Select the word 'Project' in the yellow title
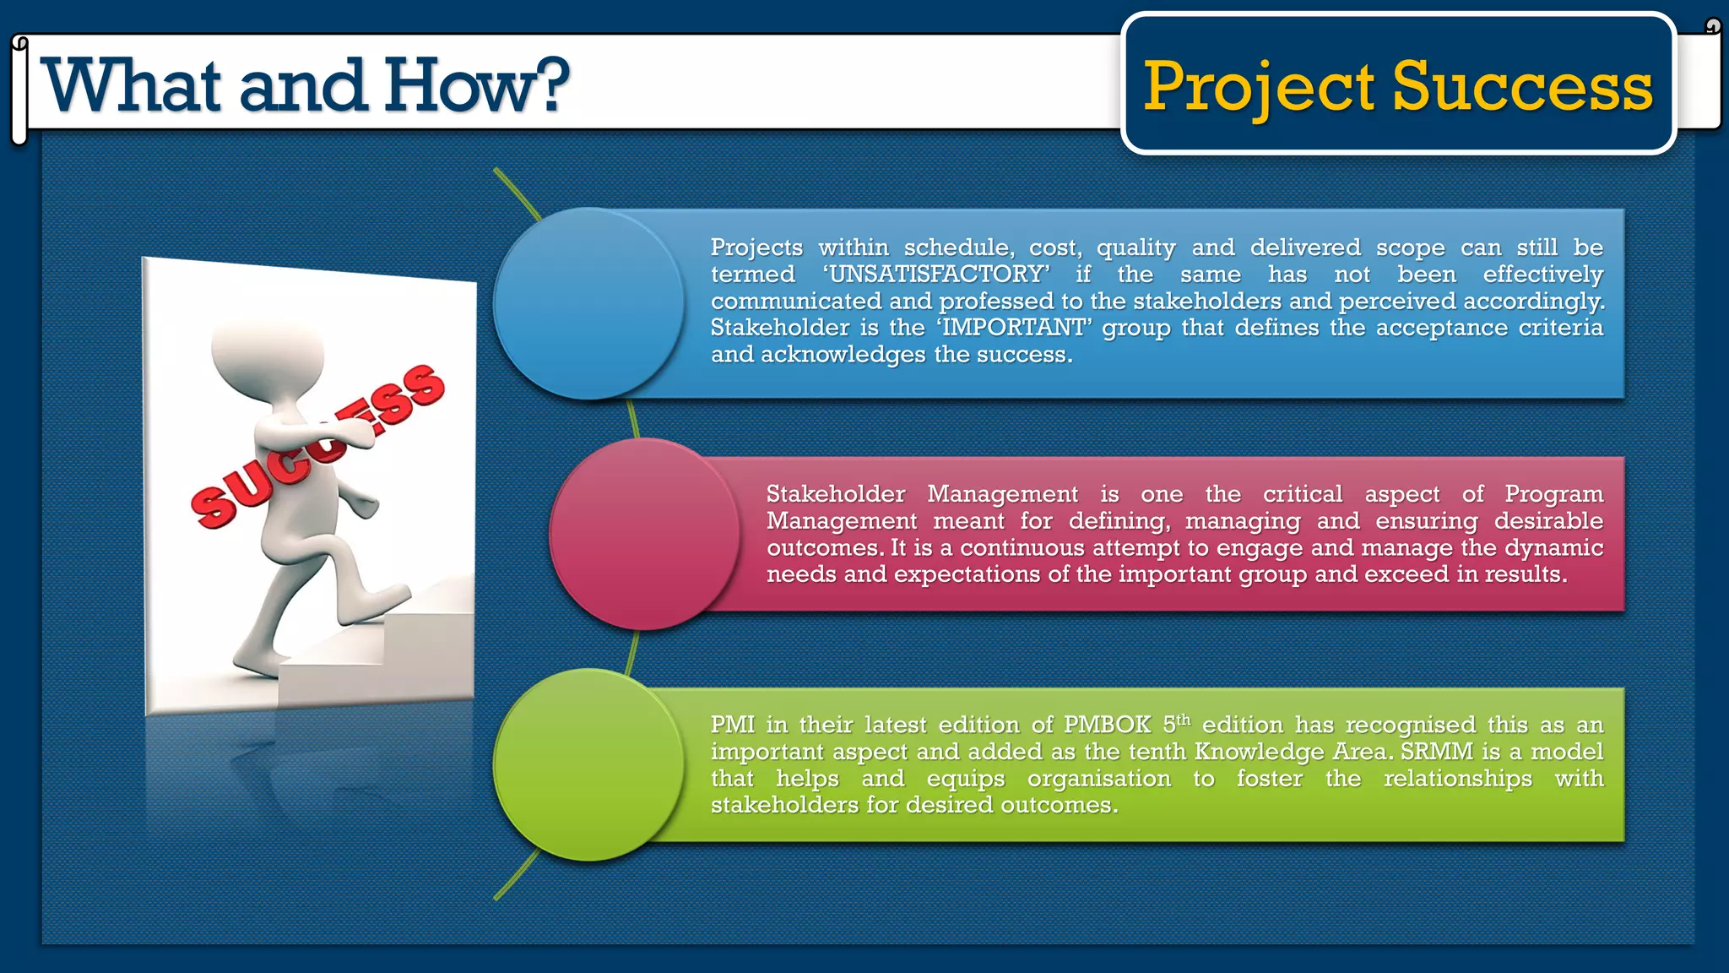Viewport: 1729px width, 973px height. pos(1258,88)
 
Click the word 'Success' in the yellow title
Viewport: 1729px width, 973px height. pos(1522,86)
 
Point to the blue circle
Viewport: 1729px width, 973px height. pos(588,303)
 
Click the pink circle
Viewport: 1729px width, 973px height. pos(644,534)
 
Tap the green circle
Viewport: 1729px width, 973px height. pos(588,764)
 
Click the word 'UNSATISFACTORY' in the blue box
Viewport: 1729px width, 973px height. pos(936,275)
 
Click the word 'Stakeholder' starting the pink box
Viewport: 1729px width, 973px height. pos(835,494)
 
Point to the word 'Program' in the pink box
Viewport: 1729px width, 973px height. pos(1553,494)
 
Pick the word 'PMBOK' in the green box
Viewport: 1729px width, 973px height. pos(1107,725)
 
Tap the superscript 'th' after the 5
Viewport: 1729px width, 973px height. pos(1184,720)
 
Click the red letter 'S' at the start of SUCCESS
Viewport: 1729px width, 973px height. pos(211,508)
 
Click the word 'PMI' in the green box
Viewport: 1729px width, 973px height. pos(732,725)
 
